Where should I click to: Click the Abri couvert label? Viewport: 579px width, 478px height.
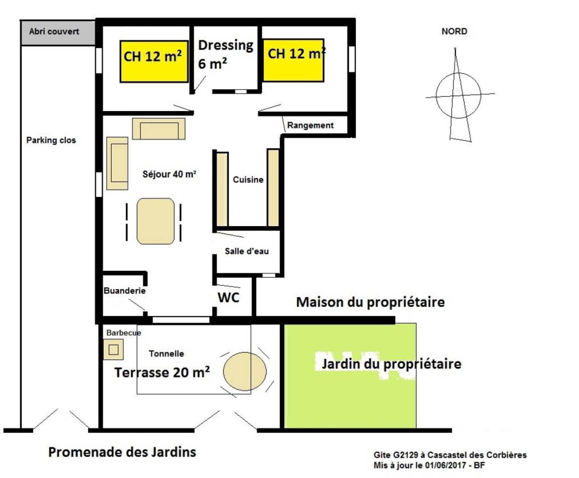(54, 31)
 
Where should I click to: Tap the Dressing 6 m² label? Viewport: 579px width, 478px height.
(226, 54)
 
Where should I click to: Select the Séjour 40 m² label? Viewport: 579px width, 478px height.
(169, 174)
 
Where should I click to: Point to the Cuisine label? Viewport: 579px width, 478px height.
(248, 179)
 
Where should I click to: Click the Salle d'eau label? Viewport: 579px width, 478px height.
(247, 251)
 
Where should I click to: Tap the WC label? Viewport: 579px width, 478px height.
(229, 298)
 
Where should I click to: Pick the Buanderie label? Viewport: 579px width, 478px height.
(125, 291)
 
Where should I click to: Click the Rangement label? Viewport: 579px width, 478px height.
(310, 125)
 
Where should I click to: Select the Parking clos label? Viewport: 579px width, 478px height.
(51, 140)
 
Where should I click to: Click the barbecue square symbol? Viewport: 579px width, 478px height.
(114, 349)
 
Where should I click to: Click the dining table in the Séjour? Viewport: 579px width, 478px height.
(155, 221)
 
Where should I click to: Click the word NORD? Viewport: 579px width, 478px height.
(454, 31)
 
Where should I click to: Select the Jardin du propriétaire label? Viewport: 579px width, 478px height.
(392, 364)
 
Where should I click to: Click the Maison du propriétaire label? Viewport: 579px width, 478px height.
(370, 302)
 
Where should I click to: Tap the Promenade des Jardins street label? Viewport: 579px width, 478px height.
(122, 452)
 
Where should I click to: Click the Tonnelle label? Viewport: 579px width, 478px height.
(166, 353)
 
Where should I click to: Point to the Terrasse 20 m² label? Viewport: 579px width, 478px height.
(162, 372)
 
